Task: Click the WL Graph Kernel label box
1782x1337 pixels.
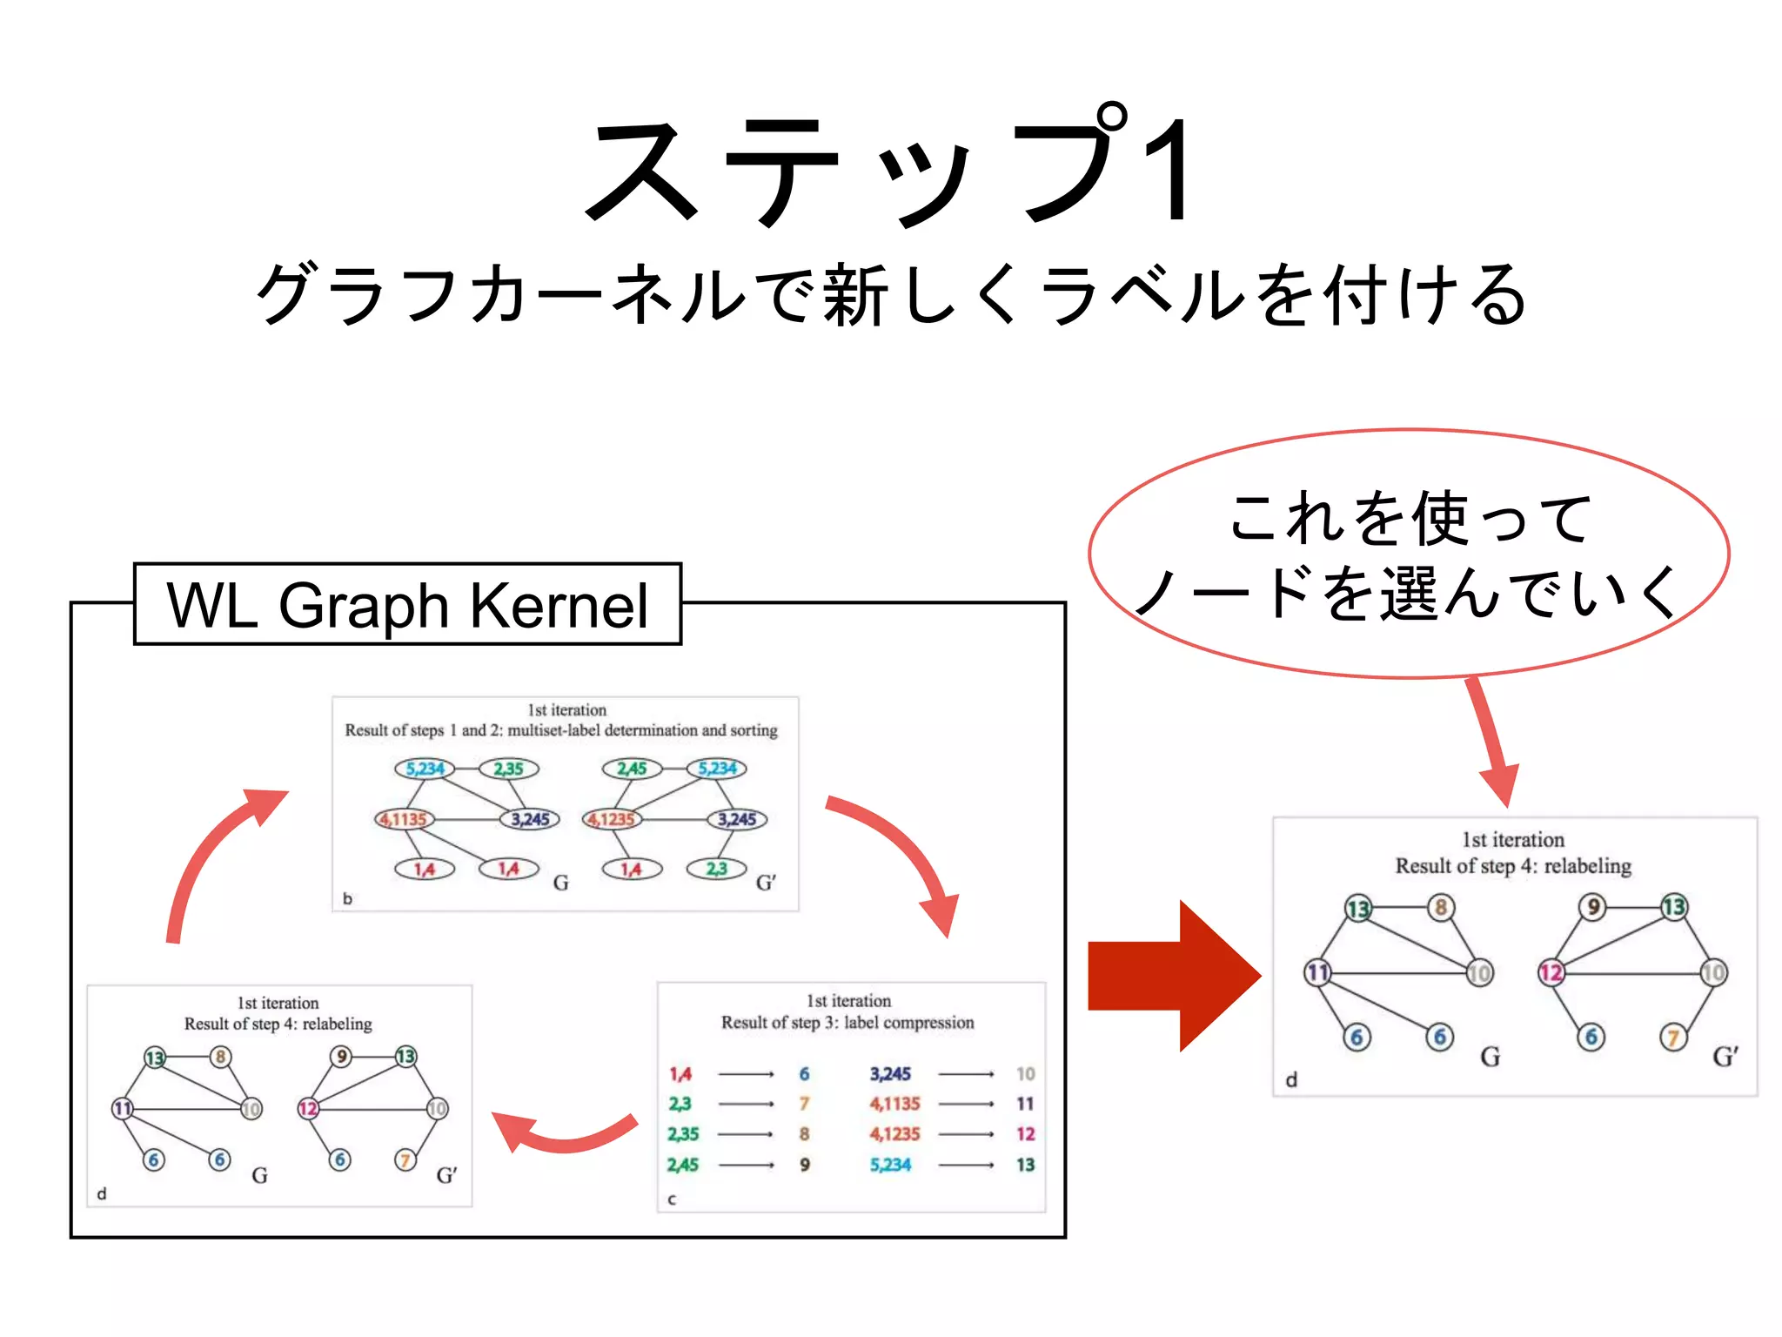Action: coord(407,604)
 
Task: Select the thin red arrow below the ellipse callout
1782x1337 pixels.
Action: coord(1492,740)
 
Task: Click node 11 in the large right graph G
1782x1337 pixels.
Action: coord(1317,972)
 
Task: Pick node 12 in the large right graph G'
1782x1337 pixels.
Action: coord(1551,972)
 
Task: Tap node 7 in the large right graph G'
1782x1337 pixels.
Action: coord(1672,1037)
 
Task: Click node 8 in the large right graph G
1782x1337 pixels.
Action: coord(1441,908)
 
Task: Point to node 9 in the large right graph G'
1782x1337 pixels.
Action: coord(1592,907)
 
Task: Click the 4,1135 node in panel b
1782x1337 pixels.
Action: coord(404,819)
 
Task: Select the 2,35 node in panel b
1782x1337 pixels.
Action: coord(509,769)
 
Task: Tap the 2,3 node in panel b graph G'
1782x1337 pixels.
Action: coord(716,869)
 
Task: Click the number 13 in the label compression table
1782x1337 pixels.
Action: coord(1025,1165)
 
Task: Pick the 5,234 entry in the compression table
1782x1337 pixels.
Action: coord(890,1165)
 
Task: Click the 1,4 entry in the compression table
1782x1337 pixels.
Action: coord(680,1074)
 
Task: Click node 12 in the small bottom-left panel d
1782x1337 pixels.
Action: coord(308,1108)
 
